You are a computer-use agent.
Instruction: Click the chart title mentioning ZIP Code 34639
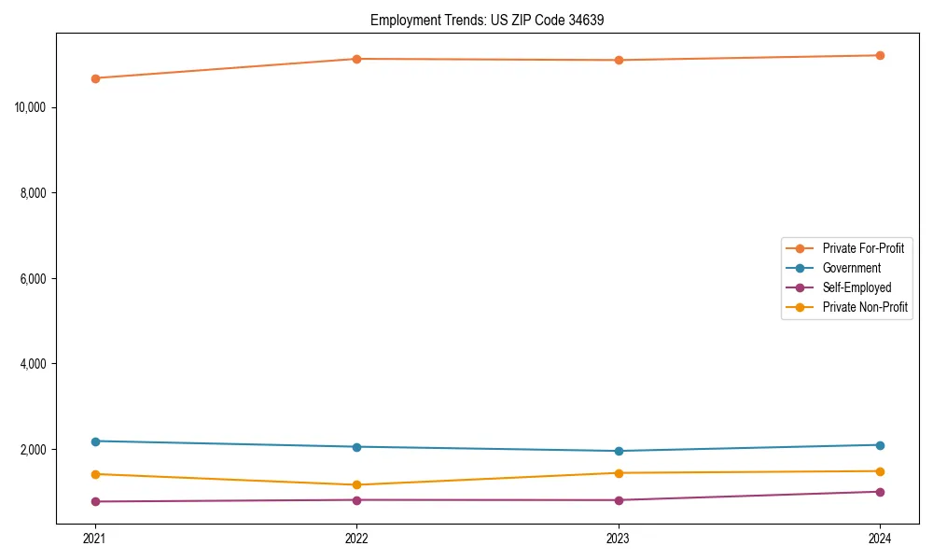(x=487, y=21)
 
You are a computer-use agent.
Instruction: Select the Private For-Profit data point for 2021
(x=95, y=78)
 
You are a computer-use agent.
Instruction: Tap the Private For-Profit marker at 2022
(x=356, y=59)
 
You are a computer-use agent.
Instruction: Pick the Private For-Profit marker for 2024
(x=880, y=55)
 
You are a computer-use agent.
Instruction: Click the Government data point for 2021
(x=95, y=441)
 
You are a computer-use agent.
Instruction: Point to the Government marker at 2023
(x=619, y=451)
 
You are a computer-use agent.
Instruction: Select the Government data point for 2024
(x=880, y=445)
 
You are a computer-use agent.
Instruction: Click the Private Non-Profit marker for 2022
(x=356, y=484)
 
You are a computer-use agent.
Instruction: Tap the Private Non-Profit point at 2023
(x=619, y=473)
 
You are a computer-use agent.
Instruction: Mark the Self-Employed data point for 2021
(x=95, y=501)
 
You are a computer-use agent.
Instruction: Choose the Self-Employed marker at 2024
(x=880, y=492)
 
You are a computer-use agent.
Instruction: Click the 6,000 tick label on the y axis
(x=33, y=278)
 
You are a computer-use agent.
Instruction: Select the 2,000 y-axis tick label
(x=33, y=450)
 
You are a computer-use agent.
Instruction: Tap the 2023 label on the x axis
(x=619, y=539)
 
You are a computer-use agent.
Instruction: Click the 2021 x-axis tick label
(x=95, y=539)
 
